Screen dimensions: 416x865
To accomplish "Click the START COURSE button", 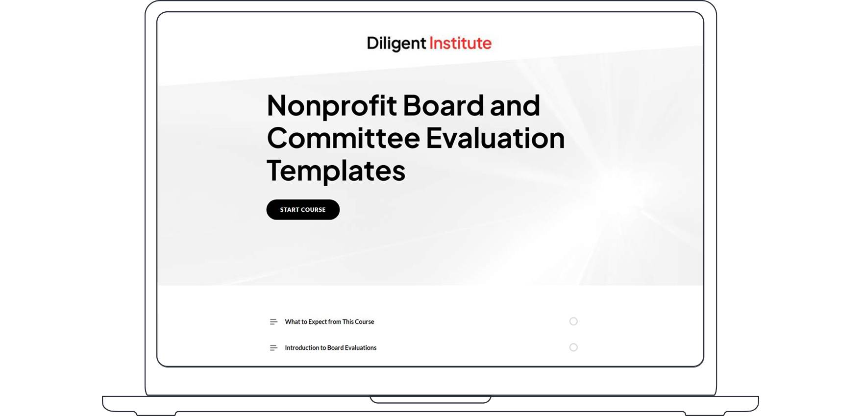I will [303, 210].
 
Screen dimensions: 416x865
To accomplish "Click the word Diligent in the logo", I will [396, 44].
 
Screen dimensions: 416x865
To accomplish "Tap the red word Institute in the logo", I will [460, 44].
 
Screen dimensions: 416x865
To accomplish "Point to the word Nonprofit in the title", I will [331, 106].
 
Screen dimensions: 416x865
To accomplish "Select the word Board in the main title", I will [444, 106].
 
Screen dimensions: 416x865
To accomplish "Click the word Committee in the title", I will [343, 138].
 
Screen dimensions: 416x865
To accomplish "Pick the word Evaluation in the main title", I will [495, 138].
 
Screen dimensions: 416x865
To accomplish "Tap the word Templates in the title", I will [336, 171].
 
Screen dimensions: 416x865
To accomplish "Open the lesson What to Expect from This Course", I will [329, 322].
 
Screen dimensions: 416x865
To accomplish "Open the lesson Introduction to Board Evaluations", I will [330, 348].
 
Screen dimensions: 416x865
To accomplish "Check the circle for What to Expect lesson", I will [573, 321].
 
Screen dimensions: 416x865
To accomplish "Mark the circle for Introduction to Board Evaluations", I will [573, 347].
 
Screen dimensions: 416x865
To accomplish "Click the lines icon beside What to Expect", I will [273, 322].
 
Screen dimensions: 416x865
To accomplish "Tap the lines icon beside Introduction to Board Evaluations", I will [273, 348].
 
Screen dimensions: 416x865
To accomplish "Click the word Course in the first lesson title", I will [365, 322].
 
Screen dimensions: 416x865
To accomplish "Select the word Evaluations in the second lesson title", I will [361, 348].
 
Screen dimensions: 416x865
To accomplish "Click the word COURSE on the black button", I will [314, 210].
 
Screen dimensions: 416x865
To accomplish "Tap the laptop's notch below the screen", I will [430, 399].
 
